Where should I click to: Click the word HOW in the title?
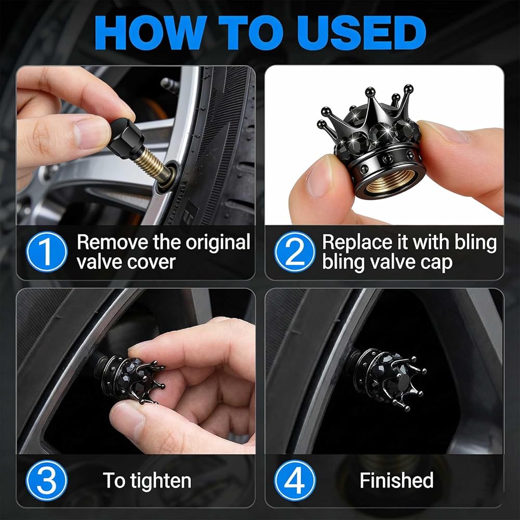[x=148, y=33]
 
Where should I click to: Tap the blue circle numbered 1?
[x=47, y=251]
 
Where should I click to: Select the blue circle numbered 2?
[x=295, y=251]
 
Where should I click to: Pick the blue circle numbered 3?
[x=47, y=480]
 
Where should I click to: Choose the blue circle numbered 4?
[x=295, y=480]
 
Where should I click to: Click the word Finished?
[x=397, y=480]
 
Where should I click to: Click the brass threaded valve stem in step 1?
[x=155, y=165]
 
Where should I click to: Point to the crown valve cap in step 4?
[x=388, y=378]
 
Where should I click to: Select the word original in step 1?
[x=217, y=243]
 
